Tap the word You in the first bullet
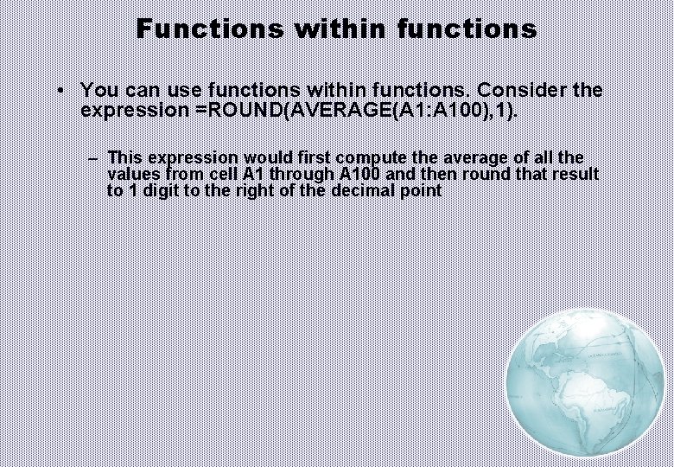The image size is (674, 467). click(97, 90)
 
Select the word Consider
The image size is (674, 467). click(524, 90)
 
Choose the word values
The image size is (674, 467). click(131, 174)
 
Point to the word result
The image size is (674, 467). click(575, 174)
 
